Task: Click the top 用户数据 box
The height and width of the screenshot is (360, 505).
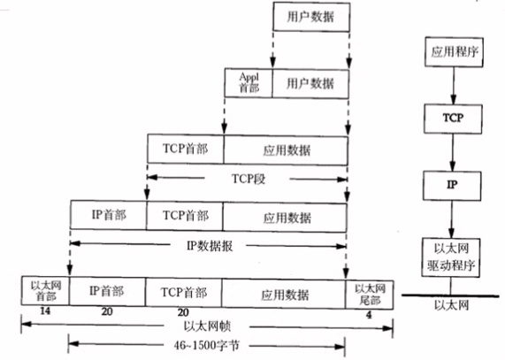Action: (311, 17)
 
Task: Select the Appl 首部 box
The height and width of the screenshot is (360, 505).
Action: (249, 83)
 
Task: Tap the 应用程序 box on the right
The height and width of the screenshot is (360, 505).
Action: (454, 52)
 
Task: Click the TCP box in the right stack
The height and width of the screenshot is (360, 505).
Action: (453, 119)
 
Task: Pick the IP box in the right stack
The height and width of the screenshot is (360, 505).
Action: (452, 186)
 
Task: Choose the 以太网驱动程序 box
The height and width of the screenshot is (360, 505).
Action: (451, 257)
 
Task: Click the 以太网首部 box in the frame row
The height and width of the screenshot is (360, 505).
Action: (45, 290)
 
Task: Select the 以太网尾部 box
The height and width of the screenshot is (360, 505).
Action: (370, 295)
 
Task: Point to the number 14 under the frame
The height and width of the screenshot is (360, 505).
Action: (45, 311)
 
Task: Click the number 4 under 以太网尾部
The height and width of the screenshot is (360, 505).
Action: (369, 315)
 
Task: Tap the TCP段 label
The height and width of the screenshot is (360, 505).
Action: (249, 179)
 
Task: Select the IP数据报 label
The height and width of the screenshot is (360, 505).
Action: (210, 246)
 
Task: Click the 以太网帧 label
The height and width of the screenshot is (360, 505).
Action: (207, 326)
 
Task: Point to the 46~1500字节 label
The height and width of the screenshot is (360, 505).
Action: (206, 346)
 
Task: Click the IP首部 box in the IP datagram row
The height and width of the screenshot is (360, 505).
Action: (108, 215)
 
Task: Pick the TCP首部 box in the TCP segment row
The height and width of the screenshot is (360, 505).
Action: (186, 149)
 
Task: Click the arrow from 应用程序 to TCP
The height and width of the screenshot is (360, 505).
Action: (454, 85)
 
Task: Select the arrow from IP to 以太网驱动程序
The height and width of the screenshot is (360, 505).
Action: (452, 219)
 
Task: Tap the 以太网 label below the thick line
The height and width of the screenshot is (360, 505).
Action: (451, 304)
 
